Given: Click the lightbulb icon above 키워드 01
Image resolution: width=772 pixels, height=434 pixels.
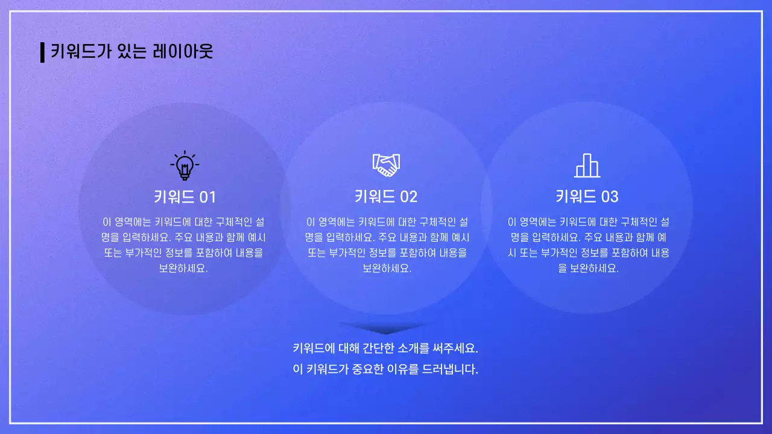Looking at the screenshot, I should pos(185,165).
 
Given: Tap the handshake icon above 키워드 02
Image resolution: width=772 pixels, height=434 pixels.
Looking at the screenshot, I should pos(386,165).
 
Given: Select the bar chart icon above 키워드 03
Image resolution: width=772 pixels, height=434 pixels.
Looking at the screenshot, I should pos(587,165).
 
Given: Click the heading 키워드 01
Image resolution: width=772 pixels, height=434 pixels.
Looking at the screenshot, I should pos(185,197).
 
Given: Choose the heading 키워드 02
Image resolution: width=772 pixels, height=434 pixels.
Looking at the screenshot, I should pos(386,197).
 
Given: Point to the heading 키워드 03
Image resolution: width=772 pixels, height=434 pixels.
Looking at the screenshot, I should pos(587,197).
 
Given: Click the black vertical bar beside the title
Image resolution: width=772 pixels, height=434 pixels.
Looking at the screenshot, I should pos(42,52).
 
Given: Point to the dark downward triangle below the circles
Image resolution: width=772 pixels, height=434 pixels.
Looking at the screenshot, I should pos(385,329).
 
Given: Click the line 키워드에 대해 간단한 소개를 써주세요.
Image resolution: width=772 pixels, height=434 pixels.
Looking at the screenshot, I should pos(385,348).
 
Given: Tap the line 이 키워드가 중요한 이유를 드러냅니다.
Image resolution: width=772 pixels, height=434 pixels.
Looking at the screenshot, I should pos(385,370).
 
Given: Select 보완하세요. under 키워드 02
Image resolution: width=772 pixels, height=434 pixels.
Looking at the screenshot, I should pos(387,269).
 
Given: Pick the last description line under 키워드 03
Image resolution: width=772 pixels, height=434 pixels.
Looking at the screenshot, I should pos(588,269).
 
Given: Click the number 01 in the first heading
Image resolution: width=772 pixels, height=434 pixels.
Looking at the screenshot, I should pos(207,197).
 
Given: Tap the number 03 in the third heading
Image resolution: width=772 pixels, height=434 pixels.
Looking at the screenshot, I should pos(610,197).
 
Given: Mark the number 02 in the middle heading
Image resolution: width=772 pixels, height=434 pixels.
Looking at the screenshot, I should pos(408,197).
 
